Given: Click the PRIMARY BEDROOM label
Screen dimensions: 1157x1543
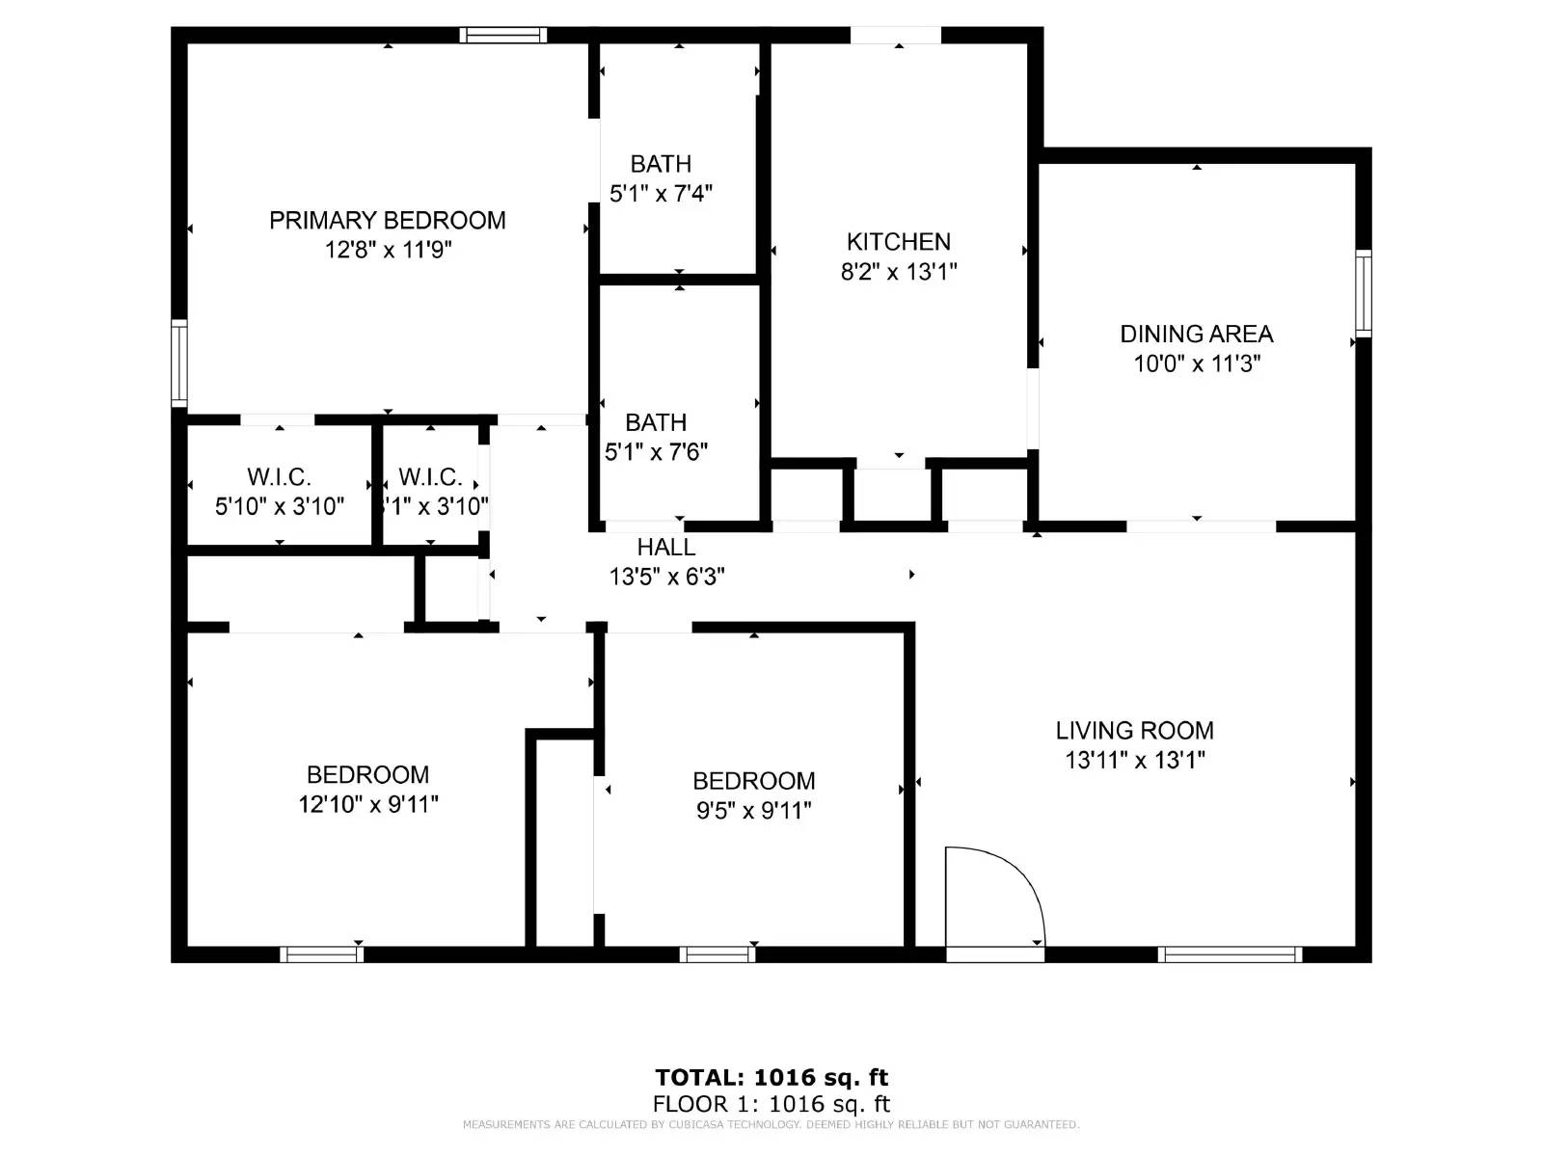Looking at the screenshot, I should pyautogui.click(x=387, y=221).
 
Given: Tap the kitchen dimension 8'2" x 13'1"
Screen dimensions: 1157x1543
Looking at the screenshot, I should pyautogui.click(x=898, y=272).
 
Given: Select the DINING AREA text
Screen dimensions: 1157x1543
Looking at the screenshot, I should pyautogui.click(x=1196, y=335).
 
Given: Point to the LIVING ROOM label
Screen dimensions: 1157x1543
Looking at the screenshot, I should pyautogui.click(x=1134, y=731).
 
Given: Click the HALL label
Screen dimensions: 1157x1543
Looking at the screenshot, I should pyautogui.click(x=665, y=548).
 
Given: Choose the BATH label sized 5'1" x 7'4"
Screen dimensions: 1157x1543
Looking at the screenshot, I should pyautogui.click(x=661, y=165).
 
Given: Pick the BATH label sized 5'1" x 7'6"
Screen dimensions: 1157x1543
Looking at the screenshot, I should pyautogui.click(x=656, y=423).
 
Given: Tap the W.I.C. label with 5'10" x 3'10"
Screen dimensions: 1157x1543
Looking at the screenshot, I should pyautogui.click(x=279, y=477).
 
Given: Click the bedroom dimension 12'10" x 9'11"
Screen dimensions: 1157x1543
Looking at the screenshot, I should pyautogui.click(x=367, y=804).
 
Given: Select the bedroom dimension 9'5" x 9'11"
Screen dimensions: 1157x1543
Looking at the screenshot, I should pyautogui.click(x=753, y=811).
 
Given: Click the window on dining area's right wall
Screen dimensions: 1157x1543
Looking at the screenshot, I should pyautogui.click(x=1363, y=293).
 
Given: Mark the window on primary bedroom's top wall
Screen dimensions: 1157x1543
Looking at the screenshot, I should pyautogui.click(x=502, y=36).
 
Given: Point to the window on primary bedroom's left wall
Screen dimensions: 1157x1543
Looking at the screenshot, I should pyautogui.click(x=179, y=363).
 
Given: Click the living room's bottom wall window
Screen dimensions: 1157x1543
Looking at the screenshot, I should pyautogui.click(x=1230, y=955).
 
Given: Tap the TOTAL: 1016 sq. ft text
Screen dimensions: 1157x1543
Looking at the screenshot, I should pyautogui.click(x=771, y=1078).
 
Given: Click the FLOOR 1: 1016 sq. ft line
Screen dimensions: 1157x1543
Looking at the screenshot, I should pyautogui.click(x=771, y=1104).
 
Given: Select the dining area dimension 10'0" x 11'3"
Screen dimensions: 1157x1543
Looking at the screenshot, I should pyautogui.click(x=1196, y=364).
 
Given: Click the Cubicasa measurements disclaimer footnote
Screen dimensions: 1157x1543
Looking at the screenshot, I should pyautogui.click(x=771, y=1125).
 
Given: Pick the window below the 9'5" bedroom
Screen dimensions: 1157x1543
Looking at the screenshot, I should pyautogui.click(x=717, y=955).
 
